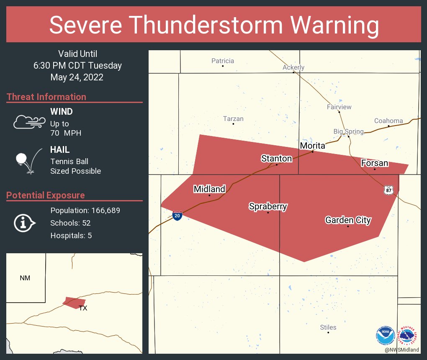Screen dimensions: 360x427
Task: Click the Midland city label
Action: tap(209, 189)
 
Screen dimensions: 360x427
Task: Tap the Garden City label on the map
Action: tap(348, 220)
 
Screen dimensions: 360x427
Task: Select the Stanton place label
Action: tap(276, 158)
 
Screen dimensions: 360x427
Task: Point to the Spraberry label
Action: tap(268, 206)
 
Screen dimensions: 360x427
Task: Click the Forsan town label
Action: tap(375, 163)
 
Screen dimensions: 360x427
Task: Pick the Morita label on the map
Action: tap(312, 146)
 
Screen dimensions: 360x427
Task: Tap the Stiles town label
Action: tap(328, 327)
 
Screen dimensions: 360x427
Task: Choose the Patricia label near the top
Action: tap(223, 61)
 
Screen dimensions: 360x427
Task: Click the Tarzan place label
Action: tap(233, 119)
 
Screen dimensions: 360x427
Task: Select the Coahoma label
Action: tap(388, 121)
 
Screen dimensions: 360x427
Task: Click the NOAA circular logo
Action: tap(385, 335)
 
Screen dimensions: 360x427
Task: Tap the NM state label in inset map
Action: tap(25, 278)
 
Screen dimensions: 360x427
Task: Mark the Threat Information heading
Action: tap(46, 97)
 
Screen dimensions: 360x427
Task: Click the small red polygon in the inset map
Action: tap(74, 302)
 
